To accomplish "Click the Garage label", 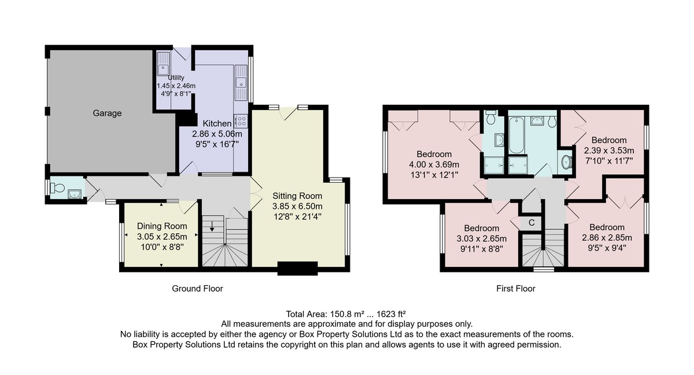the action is [x=107, y=113].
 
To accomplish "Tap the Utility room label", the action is [x=176, y=78].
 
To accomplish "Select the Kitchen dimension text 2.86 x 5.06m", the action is [x=217, y=134].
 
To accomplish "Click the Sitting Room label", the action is [x=297, y=196].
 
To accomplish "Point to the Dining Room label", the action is [x=162, y=226].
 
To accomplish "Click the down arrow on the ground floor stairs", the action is [x=212, y=226].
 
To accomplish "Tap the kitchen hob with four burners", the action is [x=241, y=121].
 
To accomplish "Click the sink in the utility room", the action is [x=163, y=64].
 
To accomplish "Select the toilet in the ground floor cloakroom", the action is [x=58, y=187].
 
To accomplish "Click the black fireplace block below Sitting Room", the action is [x=297, y=269].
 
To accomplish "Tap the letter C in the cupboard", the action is [x=531, y=223].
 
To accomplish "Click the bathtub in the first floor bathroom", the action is [x=516, y=135].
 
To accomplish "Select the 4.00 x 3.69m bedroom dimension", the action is [x=434, y=164].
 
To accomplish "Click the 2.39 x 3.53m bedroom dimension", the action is [x=609, y=150].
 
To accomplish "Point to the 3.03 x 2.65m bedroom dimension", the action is [x=481, y=238].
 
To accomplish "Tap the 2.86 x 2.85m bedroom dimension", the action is [x=607, y=237].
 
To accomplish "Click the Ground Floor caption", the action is [x=197, y=289].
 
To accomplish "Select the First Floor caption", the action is [x=515, y=289].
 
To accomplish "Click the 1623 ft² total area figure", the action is [x=391, y=314].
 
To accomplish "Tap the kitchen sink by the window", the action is [x=241, y=82].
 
